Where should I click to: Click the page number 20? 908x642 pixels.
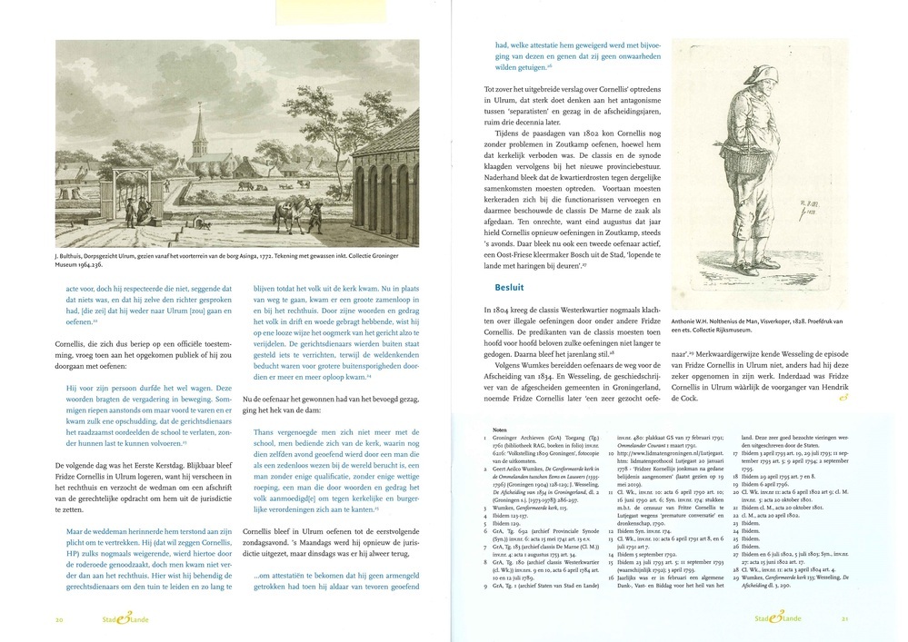[x=59, y=620]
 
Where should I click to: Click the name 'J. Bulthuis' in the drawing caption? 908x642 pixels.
[x=75, y=257]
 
